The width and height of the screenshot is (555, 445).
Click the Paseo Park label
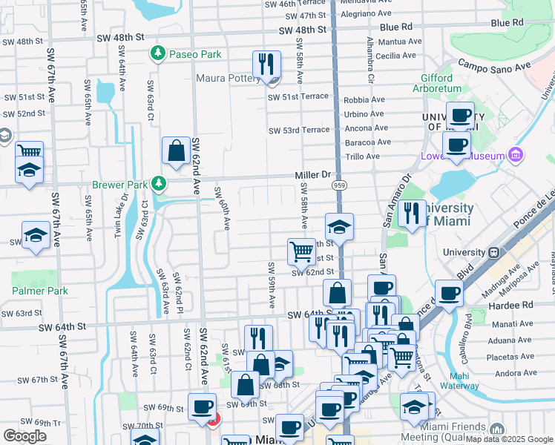coord(195,54)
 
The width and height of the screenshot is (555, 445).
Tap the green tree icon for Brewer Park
coord(157,182)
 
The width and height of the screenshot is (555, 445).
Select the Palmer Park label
coord(40,291)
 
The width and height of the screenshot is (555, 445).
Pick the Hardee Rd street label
coord(516,305)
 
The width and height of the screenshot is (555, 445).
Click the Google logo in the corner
coord(24,435)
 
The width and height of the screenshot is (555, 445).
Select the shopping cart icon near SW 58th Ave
coord(301,251)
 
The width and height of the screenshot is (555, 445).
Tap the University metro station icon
coord(495,252)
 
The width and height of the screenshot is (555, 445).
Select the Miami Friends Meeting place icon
coord(497,429)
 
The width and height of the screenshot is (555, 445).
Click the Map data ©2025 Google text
coord(510,439)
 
